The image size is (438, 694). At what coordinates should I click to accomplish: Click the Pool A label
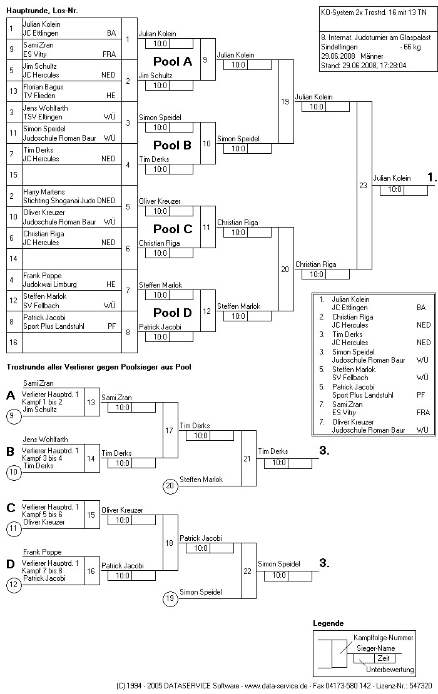[173, 62]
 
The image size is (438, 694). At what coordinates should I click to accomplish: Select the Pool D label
[173, 313]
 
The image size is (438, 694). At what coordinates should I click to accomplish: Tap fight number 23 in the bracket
[363, 185]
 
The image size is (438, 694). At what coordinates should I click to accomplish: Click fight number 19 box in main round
[285, 101]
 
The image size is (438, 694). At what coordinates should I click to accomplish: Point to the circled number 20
[170, 485]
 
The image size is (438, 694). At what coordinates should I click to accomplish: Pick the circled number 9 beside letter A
[14, 415]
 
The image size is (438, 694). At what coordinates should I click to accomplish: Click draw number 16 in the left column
[13, 343]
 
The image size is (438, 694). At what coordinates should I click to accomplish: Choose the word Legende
[328, 623]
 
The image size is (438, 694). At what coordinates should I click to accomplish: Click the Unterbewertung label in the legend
[390, 670]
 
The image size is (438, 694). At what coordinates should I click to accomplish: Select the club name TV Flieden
[39, 96]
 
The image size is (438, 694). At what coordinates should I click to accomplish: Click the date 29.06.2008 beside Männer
[337, 56]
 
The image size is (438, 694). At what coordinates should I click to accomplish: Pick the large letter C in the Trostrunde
[11, 508]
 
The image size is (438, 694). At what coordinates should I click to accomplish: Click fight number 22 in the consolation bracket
[247, 571]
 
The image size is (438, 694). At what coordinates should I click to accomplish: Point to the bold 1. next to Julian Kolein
[432, 178]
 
